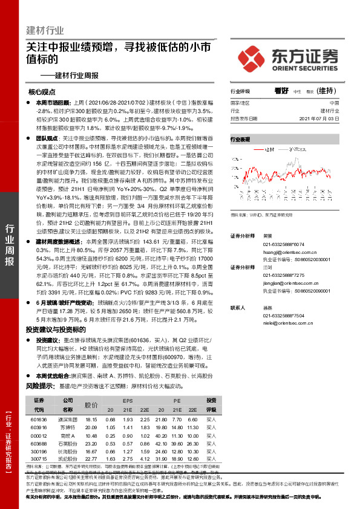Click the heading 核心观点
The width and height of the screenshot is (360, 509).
[x=42, y=92]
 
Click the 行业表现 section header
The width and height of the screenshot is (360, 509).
[x=240, y=139]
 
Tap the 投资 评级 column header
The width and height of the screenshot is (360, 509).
[x=211, y=404]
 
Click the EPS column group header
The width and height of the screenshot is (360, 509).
[x=127, y=401]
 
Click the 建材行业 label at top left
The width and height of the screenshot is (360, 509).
[x=46, y=30]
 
